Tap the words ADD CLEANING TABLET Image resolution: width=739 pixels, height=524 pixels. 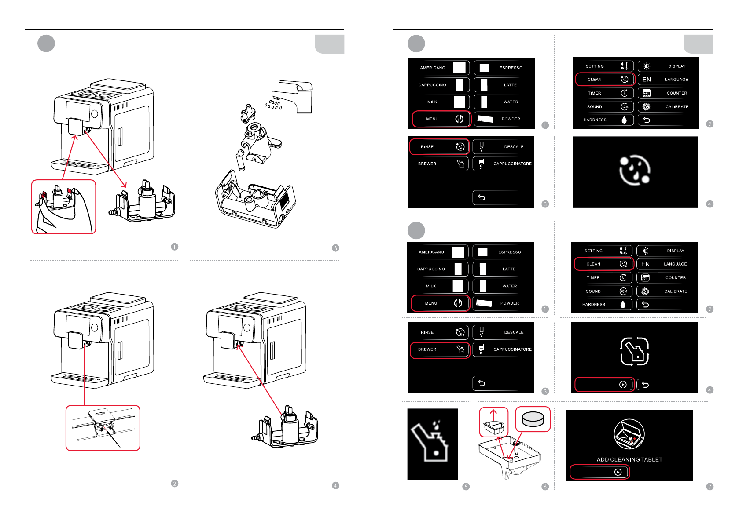pyautogui.click(x=629, y=459)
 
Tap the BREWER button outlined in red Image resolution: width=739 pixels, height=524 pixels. pyautogui.click(x=440, y=349)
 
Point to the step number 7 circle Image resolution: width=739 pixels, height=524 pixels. pyautogui.click(x=710, y=487)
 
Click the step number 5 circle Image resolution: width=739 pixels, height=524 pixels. pyautogui.click(x=466, y=487)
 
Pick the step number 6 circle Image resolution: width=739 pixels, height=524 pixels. pyautogui.click(x=545, y=487)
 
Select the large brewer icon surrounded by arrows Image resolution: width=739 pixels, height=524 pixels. pyautogui.click(x=635, y=351)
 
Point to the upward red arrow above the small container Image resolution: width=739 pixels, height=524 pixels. pyautogui.click(x=493, y=415)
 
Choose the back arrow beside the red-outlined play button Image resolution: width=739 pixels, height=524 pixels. pyautogui.click(x=646, y=385)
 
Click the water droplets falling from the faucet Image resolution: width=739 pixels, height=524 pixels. pyautogui.click(x=273, y=105)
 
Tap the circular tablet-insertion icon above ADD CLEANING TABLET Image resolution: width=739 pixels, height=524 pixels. pyautogui.click(x=629, y=434)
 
